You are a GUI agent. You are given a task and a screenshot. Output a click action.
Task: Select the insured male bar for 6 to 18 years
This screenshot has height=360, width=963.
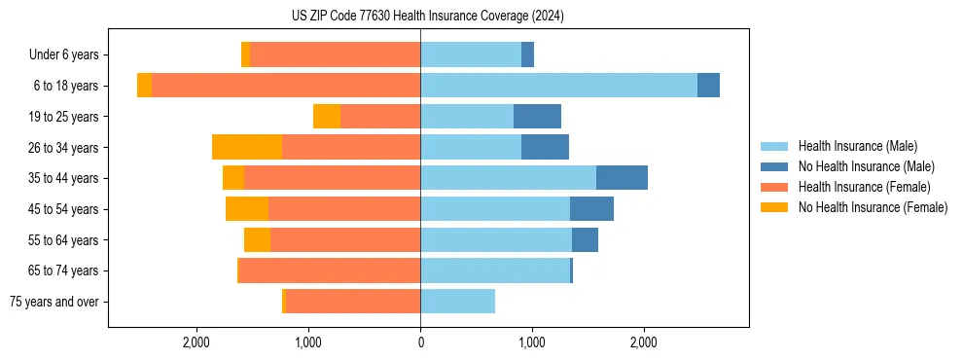558,86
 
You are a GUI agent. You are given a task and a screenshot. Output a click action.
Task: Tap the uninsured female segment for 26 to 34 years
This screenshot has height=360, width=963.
247,147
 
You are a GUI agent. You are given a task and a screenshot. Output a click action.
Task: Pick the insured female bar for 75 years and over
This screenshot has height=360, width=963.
352,302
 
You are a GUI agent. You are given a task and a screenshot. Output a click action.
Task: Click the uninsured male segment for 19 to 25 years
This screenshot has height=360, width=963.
537,117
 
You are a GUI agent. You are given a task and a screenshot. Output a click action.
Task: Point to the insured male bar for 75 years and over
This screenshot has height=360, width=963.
457,302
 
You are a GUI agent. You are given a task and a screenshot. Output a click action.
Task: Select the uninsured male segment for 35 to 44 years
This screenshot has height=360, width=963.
622,178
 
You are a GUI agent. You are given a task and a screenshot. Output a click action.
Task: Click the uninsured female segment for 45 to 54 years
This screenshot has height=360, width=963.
247,209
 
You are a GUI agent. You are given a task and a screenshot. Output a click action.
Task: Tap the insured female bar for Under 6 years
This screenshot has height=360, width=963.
335,54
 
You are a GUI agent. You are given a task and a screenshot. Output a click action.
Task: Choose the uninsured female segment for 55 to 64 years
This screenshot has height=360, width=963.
257,240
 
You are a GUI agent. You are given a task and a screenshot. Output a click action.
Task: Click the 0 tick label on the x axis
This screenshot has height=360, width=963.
420,342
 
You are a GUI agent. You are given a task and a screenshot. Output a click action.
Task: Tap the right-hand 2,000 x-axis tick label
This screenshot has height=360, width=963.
644,342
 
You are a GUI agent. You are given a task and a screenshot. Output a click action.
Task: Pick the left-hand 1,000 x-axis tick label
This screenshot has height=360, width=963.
308,342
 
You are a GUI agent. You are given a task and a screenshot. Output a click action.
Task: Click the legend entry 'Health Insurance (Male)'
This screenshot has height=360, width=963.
857,146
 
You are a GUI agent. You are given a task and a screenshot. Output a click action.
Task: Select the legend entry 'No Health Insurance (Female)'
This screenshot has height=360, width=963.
873,207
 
